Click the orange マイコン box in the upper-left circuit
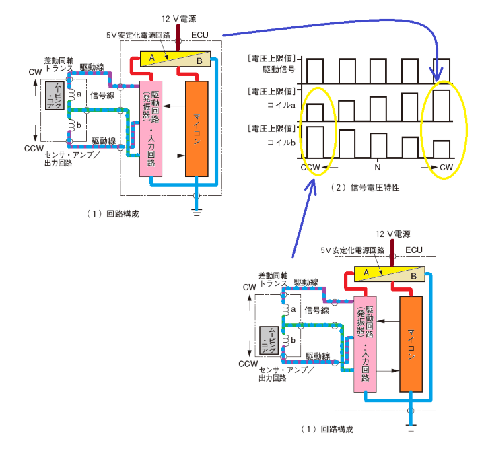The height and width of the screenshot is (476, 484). [197, 129]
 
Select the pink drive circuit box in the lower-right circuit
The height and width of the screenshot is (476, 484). [365, 344]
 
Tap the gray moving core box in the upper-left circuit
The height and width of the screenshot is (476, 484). [55, 96]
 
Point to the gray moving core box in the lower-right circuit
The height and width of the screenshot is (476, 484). [269, 341]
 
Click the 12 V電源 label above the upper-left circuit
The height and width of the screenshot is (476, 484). [178, 19]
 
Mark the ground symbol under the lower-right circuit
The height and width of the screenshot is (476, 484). [411, 428]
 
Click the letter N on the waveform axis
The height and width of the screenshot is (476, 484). [378, 168]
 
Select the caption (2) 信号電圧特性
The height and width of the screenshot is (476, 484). [365, 187]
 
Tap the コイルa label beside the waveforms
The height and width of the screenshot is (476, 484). [281, 105]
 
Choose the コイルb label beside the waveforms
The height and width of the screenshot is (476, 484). [281, 143]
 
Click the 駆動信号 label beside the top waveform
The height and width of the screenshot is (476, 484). [279, 69]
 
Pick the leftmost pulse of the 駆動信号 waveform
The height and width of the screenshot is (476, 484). [315, 71]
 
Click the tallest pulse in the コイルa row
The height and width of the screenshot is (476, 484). [442, 105]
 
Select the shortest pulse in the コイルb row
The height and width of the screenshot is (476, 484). [442, 149]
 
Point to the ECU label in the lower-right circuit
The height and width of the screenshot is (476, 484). [414, 250]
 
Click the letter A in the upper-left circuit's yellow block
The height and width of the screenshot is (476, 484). [152, 57]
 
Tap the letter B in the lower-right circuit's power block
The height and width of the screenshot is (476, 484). [413, 276]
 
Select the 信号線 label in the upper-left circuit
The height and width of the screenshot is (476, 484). [102, 95]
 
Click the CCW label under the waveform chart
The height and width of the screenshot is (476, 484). [310, 168]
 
